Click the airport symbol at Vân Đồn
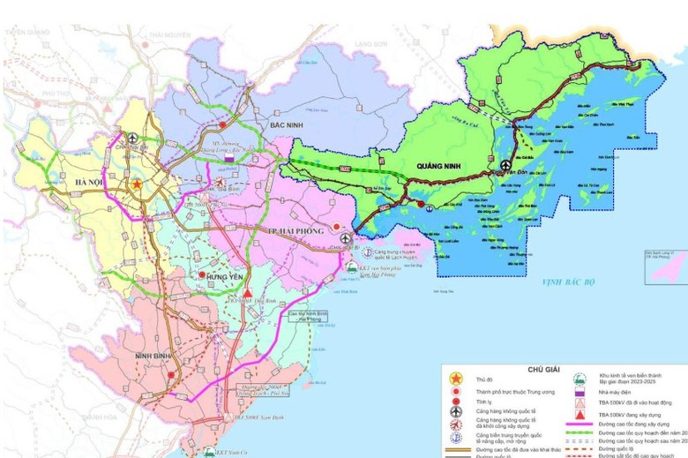coord(506,166)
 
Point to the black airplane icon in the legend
coord(456,411)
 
